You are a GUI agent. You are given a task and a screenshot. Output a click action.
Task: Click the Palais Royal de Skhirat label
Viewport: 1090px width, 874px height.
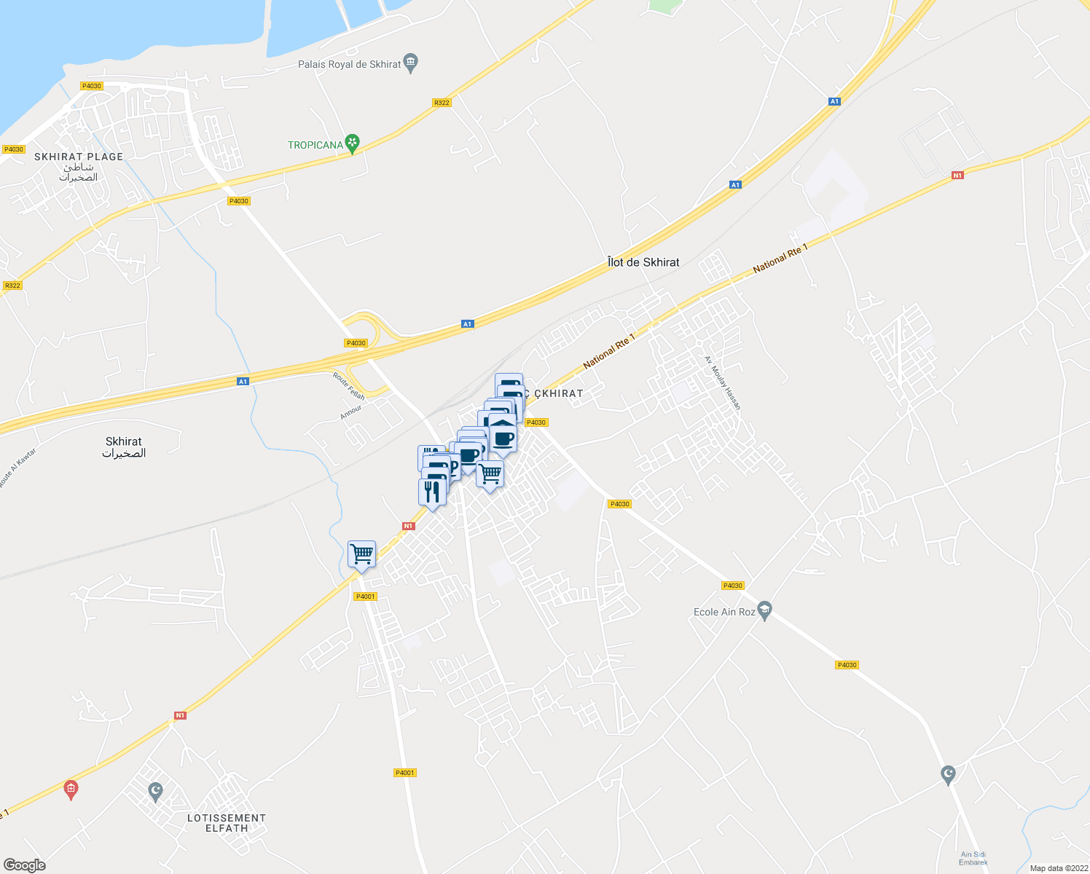[350, 64]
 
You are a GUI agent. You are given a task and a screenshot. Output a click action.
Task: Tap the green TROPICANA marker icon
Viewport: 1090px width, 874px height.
[353, 143]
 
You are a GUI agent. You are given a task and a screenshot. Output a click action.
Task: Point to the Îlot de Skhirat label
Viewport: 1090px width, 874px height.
[643, 262]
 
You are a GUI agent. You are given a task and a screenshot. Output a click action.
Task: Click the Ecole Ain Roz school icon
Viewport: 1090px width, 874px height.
[764, 610]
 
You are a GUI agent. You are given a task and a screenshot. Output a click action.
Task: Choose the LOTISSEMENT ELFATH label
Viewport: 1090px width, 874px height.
[227, 823]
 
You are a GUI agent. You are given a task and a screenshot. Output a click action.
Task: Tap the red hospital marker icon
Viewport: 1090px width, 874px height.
[71, 789]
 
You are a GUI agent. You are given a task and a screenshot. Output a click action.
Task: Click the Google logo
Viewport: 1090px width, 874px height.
[24, 865]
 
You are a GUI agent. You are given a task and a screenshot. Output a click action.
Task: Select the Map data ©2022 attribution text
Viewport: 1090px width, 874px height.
[1058, 868]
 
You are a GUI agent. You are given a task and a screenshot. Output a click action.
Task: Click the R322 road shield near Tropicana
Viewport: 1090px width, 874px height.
[442, 103]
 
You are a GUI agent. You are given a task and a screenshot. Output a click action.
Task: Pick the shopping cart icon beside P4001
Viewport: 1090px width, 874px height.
[361, 555]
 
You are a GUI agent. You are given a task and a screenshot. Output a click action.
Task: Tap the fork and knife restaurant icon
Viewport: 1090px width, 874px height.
[432, 492]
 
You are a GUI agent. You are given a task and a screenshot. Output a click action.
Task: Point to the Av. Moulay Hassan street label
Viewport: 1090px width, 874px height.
[723, 382]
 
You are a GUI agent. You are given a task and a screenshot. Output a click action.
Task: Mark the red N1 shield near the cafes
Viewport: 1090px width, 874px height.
[408, 526]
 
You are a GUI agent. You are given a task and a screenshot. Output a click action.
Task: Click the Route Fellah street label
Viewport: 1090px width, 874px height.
[348, 386]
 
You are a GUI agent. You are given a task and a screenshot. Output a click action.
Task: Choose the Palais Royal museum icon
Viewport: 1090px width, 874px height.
[411, 63]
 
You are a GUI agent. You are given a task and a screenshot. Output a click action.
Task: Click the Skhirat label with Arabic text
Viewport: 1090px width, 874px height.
[124, 447]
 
